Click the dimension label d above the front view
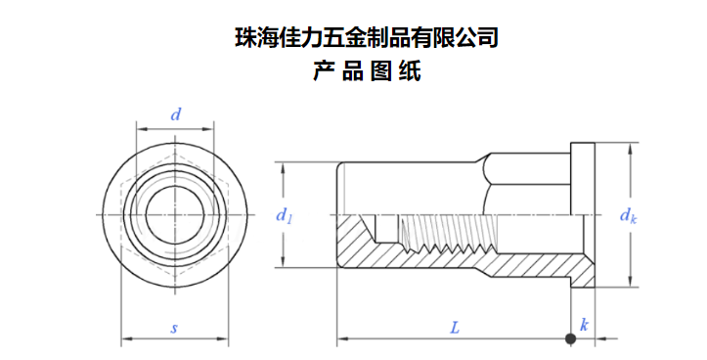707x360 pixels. [175, 115]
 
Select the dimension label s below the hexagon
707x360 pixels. [174, 329]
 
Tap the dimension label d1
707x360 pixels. [284, 216]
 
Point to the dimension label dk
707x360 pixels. [628, 216]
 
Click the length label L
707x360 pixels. [455, 327]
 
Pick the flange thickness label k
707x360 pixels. [584, 325]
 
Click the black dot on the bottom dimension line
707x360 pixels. [570, 338]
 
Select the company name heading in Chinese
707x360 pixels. [366, 38]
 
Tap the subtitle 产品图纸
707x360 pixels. [367, 71]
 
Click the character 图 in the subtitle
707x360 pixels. [381, 71]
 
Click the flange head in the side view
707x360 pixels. [583, 215]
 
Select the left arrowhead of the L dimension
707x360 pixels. [343, 338]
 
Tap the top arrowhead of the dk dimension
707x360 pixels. [630, 149]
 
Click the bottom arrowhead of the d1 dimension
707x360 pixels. [283, 261]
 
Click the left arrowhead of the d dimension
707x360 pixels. [142, 129]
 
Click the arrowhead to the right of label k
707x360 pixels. [601, 338]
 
